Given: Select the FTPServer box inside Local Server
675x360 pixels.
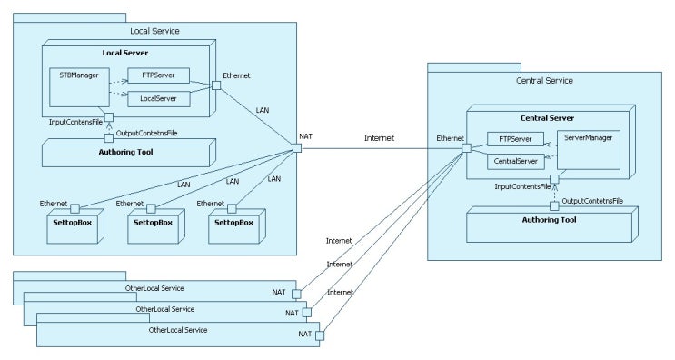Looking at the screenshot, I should pyautogui.click(x=159, y=75).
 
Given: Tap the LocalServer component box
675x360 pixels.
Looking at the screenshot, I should pyautogui.click(x=159, y=96).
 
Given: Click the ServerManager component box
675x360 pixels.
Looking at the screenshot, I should pyautogui.click(x=588, y=150).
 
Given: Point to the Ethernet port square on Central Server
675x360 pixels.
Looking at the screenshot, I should pyautogui.click(x=465, y=148).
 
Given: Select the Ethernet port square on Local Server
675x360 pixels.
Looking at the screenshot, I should pyautogui.click(x=216, y=85).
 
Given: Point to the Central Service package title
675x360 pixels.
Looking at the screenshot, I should pyautogui.click(x=543, y=81).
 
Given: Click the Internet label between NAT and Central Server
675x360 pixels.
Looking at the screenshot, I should pyautogui.click(x=380, y=139).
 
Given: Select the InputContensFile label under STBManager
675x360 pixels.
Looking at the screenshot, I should pyautogui.click(x=76, y=121).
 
